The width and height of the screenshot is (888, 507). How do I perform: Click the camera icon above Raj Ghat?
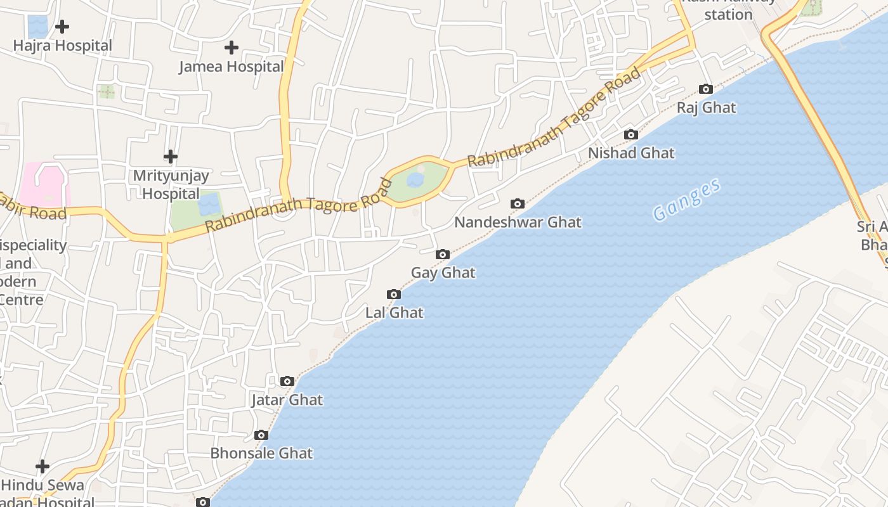pos(705,89)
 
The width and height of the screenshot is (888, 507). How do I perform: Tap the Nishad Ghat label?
pos(631,153)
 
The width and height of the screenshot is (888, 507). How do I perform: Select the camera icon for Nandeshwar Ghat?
pos(518,204)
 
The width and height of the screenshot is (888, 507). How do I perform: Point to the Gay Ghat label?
pos(443,273)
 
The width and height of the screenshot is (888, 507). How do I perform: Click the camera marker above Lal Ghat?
pos(394,295)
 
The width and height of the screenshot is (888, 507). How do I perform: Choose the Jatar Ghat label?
pos(287,400)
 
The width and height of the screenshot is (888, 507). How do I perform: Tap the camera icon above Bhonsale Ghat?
pos(261,435)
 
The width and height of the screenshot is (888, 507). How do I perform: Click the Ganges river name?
pos(687,200)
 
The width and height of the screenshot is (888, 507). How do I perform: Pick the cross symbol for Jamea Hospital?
pos(232,48)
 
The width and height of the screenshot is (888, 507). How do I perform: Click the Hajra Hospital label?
pos(62,46)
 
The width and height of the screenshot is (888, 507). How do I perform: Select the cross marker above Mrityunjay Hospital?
pos(171,157)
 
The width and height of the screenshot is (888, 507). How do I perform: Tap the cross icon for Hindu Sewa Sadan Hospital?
pos(42,467)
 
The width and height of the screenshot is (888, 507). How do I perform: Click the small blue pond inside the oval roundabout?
pos(415,181)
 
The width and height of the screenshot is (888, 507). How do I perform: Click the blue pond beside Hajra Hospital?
pos(38,26)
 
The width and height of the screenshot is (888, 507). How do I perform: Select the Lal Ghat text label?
pos(394,312)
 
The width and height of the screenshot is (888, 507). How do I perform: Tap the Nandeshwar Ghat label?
pos(518,222)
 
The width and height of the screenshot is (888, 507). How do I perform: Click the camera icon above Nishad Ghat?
pos(630,135)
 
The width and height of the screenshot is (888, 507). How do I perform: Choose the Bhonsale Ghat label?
pos(261,453)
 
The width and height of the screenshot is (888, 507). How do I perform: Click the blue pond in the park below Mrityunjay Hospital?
pos(209,205)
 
